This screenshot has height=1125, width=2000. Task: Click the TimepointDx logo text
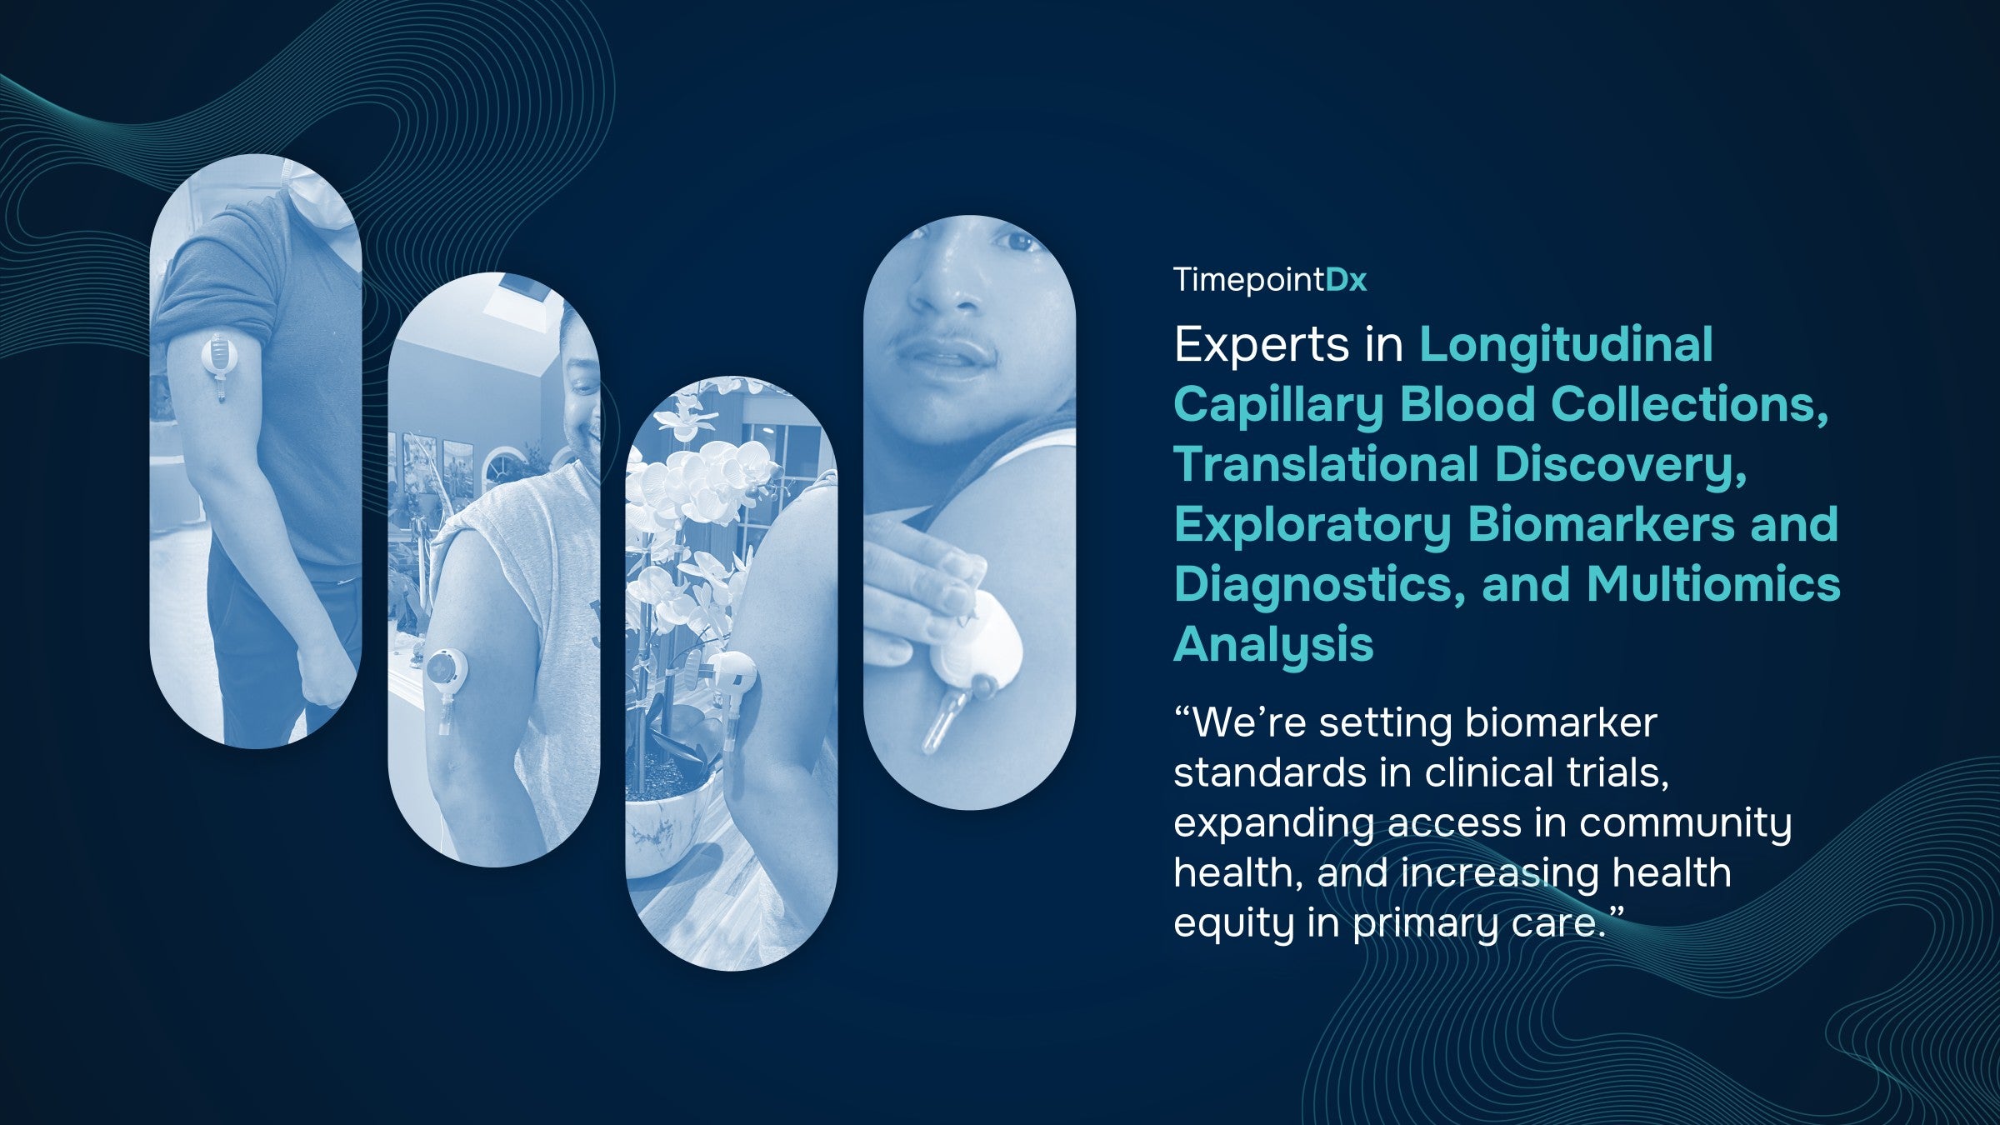coord(1270,280)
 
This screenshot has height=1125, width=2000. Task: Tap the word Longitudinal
coord(1567,345)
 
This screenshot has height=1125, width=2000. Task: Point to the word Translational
coord(1326,464)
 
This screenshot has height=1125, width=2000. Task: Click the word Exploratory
coord(1312,526)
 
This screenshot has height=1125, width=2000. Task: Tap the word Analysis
coord(1273,646)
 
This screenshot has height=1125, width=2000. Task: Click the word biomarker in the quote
coord(1561,722)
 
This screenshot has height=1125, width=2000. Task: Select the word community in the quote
coord(1685,824)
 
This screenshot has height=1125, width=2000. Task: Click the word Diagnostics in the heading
coord(1320,586)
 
